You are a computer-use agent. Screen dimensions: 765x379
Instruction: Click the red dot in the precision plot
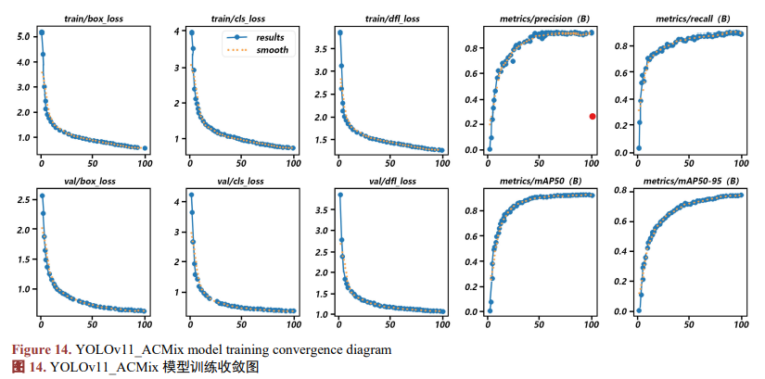pos(593,116)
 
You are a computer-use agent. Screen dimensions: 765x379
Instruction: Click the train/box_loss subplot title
pos(94,19)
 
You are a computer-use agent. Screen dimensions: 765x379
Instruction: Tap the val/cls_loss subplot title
pos(240,182)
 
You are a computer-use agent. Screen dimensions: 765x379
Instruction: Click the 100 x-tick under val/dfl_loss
pos(442,322)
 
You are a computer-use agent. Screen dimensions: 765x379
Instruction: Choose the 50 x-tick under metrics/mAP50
pos(539,322)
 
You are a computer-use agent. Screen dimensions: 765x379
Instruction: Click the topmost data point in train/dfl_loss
pos(340,32)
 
